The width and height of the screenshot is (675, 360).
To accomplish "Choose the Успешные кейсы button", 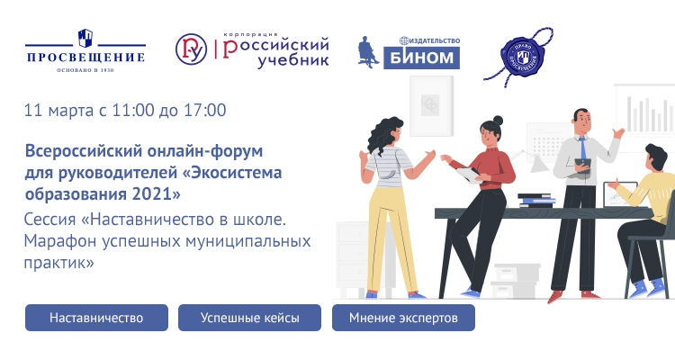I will tap(249, 319).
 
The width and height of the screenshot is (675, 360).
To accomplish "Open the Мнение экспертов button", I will tap(403, 319).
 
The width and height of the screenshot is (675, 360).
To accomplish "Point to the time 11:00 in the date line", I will tap(142, 111).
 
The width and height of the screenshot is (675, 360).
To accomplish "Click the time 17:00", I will tap(205, 111).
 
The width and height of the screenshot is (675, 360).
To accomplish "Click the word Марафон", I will tap(59, 240).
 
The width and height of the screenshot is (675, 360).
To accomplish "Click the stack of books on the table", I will tap(535, 201).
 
